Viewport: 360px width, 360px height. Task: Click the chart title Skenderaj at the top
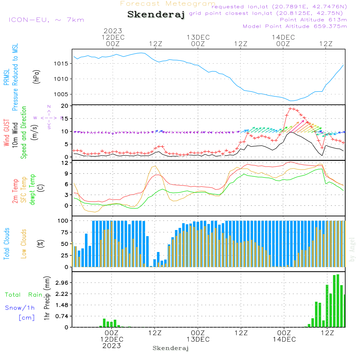click(156, 14)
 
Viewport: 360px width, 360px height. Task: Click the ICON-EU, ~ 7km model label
click(46, 19)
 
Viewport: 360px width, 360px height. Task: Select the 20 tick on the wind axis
click(65, 106)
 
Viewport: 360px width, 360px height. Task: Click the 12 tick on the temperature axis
click(65, 163)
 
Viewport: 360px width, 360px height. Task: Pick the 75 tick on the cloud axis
click(65, 232)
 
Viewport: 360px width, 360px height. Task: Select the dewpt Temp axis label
click(32, 189)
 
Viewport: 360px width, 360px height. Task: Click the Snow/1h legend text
click(20, 308)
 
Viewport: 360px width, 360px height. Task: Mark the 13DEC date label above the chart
click(198, 37)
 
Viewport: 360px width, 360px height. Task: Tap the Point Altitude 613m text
click(313, 19)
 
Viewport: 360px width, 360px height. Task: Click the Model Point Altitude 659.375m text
click(295, 26)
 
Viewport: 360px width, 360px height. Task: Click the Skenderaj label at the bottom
click(171, 348)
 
